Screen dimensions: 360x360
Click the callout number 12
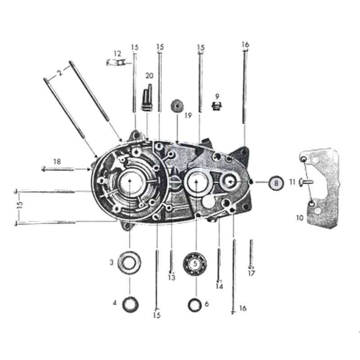[117, 54]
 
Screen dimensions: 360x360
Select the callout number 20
[149, 75]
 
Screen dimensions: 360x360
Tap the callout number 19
[188, 116]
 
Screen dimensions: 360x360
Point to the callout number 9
[217, 96]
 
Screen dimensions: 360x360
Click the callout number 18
[57, 161]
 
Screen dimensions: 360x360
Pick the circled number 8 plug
[276, 183]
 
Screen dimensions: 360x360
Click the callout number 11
[292, 182]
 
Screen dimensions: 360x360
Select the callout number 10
[301, 217]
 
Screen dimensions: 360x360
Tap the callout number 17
[252, 273]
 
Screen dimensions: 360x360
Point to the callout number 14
[219, 286]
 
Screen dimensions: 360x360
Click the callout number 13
[171, 278]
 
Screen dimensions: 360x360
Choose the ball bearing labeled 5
[196, 264]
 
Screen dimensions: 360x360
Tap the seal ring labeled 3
[130, 263]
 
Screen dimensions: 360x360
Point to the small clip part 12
[116, 63]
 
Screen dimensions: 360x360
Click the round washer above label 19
[177, 107]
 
